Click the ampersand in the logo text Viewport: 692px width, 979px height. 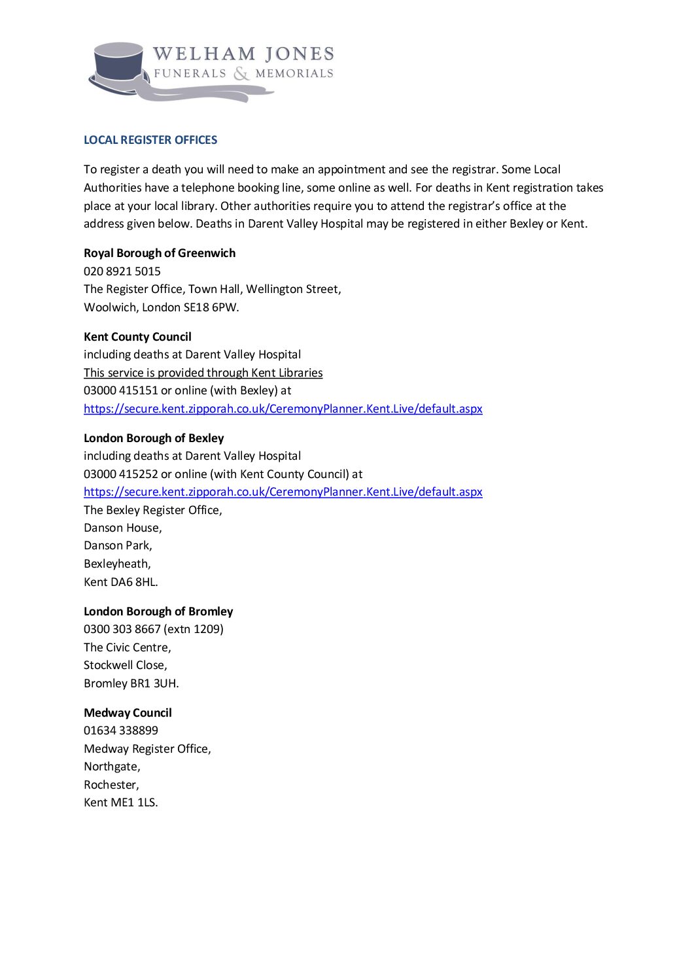(x=241, y=73)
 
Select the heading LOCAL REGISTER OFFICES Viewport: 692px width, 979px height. (x=150, y=140)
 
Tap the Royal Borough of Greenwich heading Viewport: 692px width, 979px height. (x=160, y=253)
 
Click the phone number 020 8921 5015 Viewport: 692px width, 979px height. (x=122, y=271)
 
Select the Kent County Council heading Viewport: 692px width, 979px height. (x=137, y=337)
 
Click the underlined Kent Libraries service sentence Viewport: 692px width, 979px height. (x=203, y=373)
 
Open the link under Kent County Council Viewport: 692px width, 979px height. (x=283, y=409)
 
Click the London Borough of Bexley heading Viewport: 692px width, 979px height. (x=154, y=438)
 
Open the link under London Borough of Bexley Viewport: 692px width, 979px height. (x=283, y=492)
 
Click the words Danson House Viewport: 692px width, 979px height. (x=122, y=528)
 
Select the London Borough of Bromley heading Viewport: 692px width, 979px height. (x=158, y=611)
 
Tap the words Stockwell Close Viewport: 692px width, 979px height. (x=125, y=665)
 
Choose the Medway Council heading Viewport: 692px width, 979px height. (x=128, y=713)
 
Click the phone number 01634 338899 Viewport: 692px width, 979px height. (x=121, y=730)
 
